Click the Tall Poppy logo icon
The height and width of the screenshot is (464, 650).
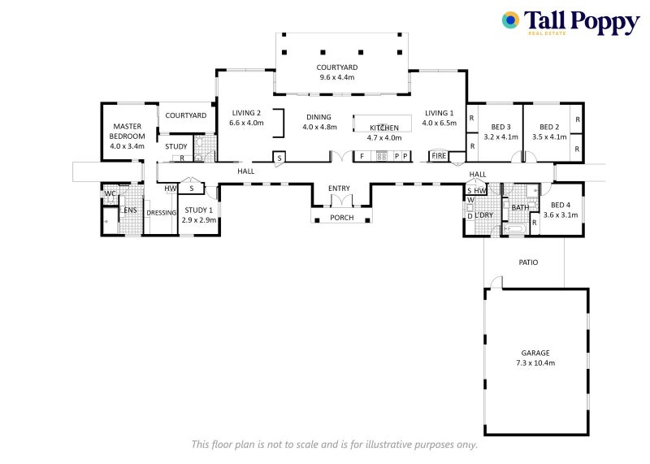coord(510,20)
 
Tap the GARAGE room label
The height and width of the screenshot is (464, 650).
coord(535,353)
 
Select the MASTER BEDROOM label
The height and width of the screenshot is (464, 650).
coord(128,131)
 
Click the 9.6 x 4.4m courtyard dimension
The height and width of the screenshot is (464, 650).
coord(337,77)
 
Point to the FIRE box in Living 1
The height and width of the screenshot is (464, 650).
coord(439,155)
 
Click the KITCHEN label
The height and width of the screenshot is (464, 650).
coord(384,128)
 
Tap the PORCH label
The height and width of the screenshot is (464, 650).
coord(341,217)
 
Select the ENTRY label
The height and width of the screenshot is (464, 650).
coord(339,189)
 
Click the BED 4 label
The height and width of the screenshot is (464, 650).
coord(561,205)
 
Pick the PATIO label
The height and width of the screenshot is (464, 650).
coord(528,262)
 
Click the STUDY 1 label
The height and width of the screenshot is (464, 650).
coord(199,210)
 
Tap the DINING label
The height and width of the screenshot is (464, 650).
coord(319,117)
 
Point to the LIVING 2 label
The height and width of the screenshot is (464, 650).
coord(247,113)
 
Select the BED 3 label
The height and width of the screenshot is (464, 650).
coord(500,127)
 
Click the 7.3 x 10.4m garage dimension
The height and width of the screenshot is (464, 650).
coord(535,362)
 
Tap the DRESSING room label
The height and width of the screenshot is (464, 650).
coord(162,213)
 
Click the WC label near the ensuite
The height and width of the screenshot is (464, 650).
coord(110,193)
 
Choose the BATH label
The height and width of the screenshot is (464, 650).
coord(520,208)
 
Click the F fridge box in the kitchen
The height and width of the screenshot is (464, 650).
coord(362,155)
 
